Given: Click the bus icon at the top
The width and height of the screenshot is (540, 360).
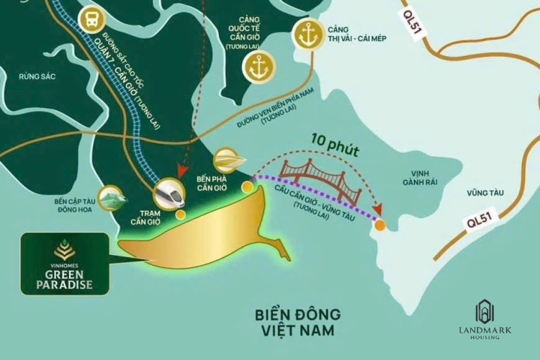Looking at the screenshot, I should point(92,19).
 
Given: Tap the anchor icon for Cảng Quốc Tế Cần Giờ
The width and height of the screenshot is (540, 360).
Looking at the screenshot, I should point(258,68).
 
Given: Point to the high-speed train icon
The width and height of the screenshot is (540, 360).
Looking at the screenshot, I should point(169,192).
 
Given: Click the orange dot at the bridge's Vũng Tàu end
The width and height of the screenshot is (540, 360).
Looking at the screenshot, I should point(380,225).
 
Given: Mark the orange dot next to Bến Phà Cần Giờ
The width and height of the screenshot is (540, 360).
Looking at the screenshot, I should point(247,187).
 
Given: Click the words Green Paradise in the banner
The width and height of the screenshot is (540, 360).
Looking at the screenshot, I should point(65,278).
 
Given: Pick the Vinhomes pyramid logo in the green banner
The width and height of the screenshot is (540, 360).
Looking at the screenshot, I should point(65,250).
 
